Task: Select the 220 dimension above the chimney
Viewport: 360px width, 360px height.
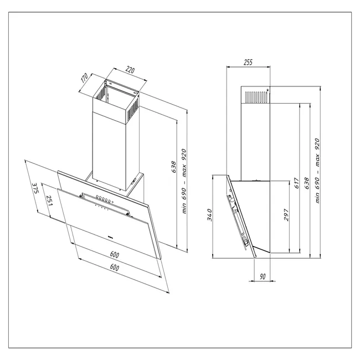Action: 130,70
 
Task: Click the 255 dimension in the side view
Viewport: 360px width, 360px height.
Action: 248,63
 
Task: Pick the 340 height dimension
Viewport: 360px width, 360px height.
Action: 209,215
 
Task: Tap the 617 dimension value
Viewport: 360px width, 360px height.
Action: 297,183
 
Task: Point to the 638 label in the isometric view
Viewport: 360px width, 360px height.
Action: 173,166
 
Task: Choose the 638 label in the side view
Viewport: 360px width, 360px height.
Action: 307,184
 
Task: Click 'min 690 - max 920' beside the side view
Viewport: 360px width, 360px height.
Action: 318,170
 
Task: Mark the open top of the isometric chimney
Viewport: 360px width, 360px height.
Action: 118,89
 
